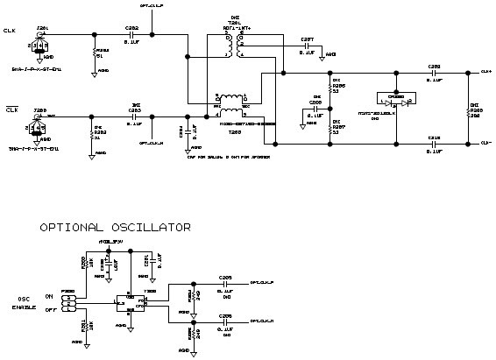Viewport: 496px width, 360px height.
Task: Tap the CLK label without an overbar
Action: coord(11,32)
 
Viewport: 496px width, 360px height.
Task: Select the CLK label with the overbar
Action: coord(11,109)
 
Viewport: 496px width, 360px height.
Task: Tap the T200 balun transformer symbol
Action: coord(232,106)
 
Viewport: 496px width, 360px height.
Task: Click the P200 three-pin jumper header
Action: coord(69,302)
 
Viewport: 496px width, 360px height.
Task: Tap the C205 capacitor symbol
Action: coord(226,284)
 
